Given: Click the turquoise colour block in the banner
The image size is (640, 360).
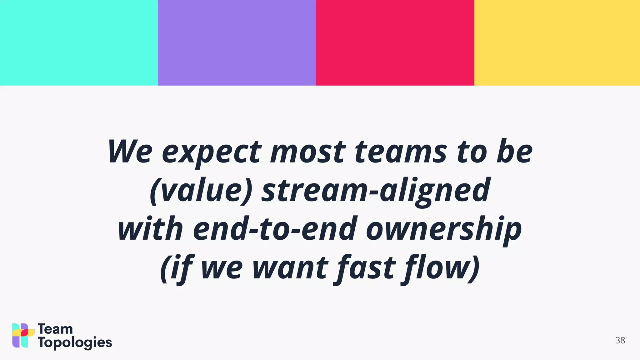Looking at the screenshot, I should pos(79,42).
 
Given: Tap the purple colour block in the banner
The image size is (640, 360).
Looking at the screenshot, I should pos(237,42).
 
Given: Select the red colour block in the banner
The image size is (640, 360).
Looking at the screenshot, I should pos(395,42).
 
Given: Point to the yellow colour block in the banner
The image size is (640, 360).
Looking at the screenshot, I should pos(557,42).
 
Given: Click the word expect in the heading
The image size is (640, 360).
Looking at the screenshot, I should pos(212,153).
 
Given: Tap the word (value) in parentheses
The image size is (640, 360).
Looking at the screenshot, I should pos(201,191).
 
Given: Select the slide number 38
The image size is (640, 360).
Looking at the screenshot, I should pos(620,340).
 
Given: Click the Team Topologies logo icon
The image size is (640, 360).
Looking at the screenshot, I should pos(23,335).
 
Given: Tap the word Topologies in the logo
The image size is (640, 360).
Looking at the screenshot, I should pos(75,343).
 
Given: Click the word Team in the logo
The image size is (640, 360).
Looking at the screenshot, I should pos(55,329).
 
